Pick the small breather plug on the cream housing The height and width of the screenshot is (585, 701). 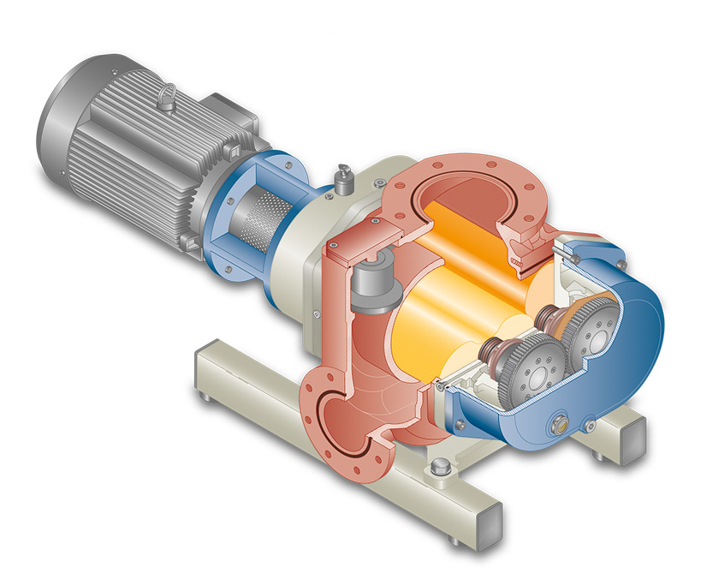(345, 179)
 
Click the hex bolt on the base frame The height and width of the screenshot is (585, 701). (442, 468)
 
